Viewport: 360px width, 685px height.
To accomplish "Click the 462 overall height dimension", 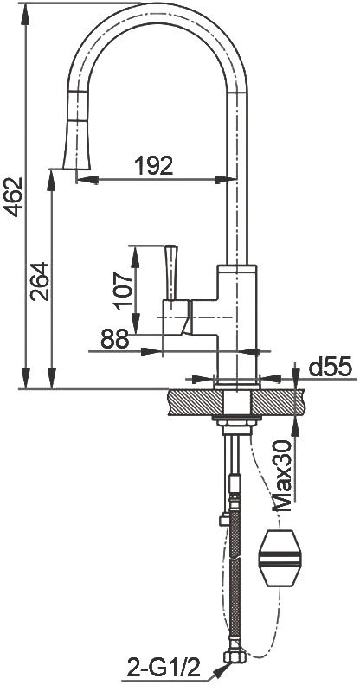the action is (13, 196).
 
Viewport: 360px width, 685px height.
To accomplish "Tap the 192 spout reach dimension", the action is (153, 165).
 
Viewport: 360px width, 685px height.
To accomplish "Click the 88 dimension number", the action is (115, 338).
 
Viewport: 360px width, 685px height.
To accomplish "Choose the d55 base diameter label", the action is (331, 368).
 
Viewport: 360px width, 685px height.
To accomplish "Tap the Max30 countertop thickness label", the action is (282, 477).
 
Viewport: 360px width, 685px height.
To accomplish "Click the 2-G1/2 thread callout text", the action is (164, 667).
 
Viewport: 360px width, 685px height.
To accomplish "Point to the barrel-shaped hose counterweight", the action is (280, 559).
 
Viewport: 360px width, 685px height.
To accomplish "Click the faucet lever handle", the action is (170, 272).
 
